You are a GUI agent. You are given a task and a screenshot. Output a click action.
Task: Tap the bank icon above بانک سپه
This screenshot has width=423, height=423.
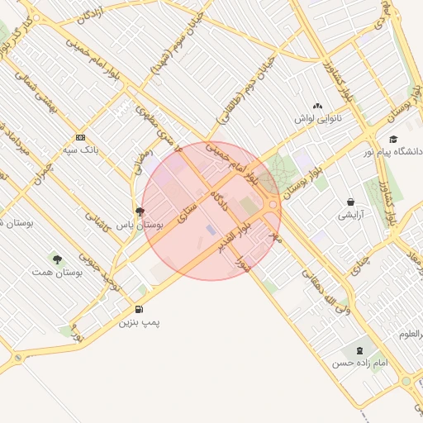tap(80, 137)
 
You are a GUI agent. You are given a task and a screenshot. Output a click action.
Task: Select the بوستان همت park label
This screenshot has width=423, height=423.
tap(54, 272)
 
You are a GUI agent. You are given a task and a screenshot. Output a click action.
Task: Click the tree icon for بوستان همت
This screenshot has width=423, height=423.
tap(56, 259)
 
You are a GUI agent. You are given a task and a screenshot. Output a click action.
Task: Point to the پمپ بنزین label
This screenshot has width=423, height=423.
tap(138, 322)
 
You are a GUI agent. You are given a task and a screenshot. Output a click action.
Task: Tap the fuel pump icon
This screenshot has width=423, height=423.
tap(138, 309)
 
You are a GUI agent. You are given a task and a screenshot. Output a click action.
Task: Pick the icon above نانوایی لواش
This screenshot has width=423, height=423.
tap(318, 106)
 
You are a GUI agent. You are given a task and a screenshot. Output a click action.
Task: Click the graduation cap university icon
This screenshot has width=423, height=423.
tap(393, 138)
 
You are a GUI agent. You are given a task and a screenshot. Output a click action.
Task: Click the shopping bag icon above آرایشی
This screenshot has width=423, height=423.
tap(351, 202)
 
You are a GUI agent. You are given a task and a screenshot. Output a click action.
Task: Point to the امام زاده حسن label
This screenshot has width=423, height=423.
tap(355, 363)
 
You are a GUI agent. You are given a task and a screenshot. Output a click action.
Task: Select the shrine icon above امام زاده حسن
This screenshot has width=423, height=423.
tap(358, 349)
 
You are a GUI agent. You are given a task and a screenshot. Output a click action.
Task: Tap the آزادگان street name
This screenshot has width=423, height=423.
tap(88, 15)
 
